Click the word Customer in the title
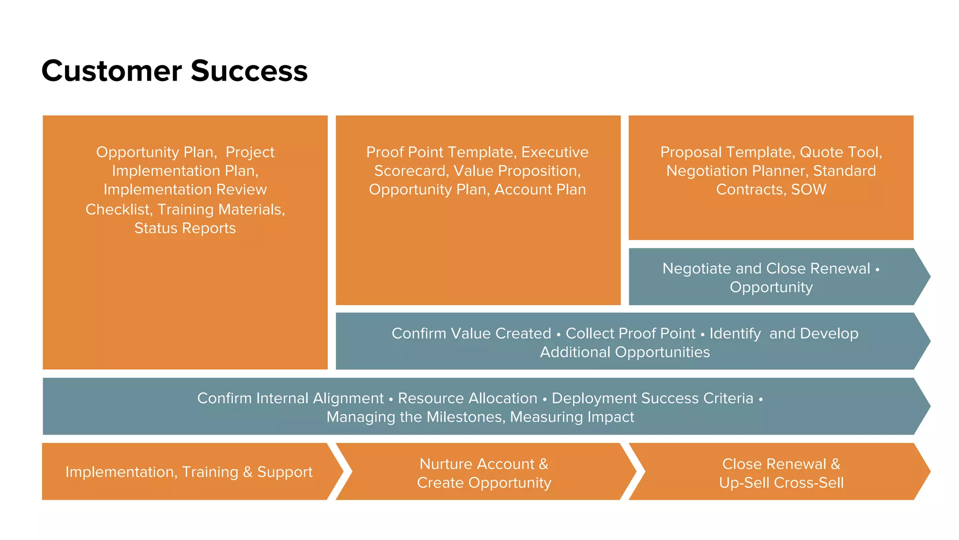tap(111, 71)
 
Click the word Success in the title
tap(249, 71)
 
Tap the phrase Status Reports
tap(185, 228)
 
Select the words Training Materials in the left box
tap(221, 210)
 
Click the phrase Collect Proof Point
tap(630, 333)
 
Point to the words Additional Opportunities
tap(625, 352)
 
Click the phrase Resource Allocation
tap(467, 398)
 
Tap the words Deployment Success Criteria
tap(652, 398)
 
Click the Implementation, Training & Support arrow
tap(189, 472)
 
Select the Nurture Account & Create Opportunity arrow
tap(484, 472)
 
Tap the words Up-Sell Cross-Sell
tap(781, 483)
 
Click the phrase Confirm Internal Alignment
tap(290, 398)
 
